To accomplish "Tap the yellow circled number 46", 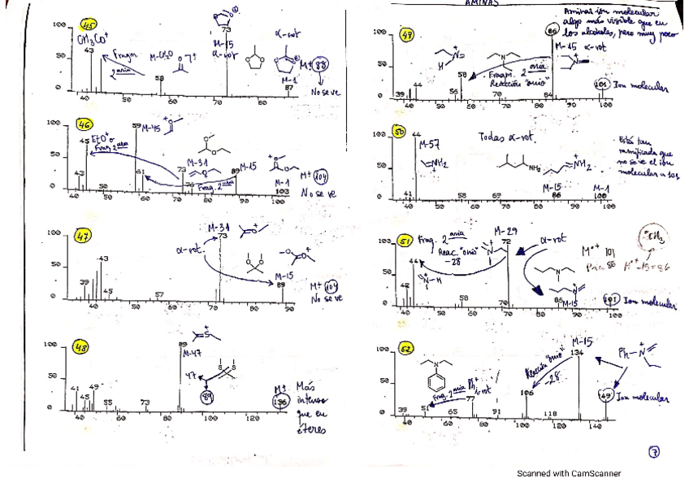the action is pyautogui.click(x=84, y=124).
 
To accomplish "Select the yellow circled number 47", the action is pyautogui.click(x=83, y=236).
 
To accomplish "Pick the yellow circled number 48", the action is pyautogui.click(x=81, y=347).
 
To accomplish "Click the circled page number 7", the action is pyautogui.click(x=655, y=451).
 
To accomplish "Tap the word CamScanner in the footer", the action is pyautogui.click(x=596, y=473).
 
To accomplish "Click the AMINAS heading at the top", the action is pyautogui.click(x=481, y=3).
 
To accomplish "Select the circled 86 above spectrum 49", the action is pyautogui.click(x=553, y=32).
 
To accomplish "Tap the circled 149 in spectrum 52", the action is pyautogui.click(x=604, y=396).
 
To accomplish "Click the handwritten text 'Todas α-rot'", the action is pyautogui.click(x=506, y=138).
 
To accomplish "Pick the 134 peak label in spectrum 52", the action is pyautogui.click(x=577, y=353).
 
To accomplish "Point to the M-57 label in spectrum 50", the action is pyautogui.click(x=430, y=145).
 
